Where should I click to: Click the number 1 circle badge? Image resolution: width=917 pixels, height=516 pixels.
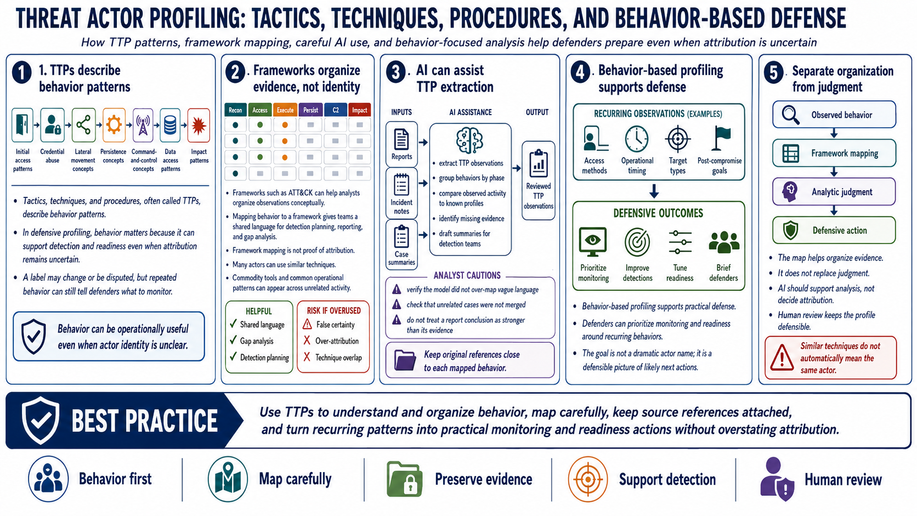[x=22, y=73]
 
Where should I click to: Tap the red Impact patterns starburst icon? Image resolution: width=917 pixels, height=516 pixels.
[x=199, y=125]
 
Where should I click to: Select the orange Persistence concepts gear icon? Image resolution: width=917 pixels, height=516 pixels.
[x=114, y=125]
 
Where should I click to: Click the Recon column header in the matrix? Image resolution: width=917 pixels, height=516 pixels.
[x=235, y=110]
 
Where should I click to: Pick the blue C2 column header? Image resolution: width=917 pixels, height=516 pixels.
[x=336, y=110]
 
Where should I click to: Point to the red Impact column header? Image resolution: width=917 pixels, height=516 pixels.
[x=359, y=110]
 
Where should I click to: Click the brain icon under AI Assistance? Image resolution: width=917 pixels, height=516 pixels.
[x=469, y=140]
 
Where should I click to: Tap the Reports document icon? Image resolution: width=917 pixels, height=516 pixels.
[x=401, y=139]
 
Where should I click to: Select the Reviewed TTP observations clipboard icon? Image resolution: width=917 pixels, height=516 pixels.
[x=539, y=163]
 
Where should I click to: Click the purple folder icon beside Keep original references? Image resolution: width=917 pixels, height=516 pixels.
[x=405, y=360]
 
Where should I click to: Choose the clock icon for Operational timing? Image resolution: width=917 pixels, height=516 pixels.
[x=637, y=139]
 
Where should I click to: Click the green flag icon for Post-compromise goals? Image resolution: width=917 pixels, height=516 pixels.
[x=721, y=138]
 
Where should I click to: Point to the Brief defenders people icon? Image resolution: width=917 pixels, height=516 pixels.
[x=724, y=242]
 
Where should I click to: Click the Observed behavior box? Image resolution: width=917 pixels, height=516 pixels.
[x=834, y=115]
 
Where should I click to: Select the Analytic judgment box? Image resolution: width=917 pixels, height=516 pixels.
[x=834, y=191]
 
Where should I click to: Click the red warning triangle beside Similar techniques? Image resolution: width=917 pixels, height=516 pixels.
[x=782, y=357]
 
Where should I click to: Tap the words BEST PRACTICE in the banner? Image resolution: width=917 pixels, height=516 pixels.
[x=144, y=421]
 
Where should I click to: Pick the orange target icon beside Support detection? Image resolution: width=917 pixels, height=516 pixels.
[x=588, y=479]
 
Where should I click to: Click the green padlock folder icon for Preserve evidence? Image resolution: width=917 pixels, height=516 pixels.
[x=404, y=479]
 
